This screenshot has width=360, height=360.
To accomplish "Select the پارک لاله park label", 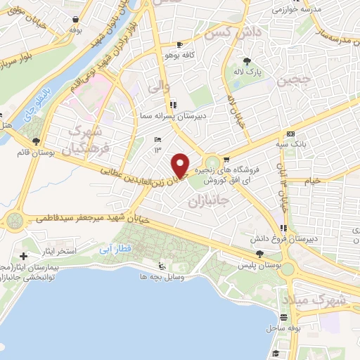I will coord(247,71).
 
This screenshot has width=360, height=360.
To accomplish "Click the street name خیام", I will coord(311,181).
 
